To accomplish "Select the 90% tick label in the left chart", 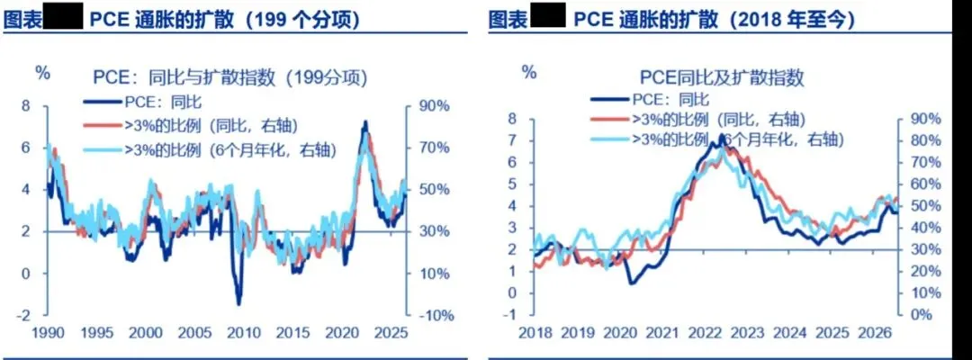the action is click(x=433, y=106).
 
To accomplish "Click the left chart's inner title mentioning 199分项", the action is click(x=228, y=78).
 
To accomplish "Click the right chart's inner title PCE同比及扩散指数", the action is click(x=722, y=77).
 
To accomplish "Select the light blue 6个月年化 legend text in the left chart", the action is click(x=230, y=148).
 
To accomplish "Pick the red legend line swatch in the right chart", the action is click(x=610, y=120).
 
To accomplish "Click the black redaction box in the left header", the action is click(x=63, y=17).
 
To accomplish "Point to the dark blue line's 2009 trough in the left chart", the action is click(x=238, y=304).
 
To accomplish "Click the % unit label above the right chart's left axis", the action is click(x=529, y=72).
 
